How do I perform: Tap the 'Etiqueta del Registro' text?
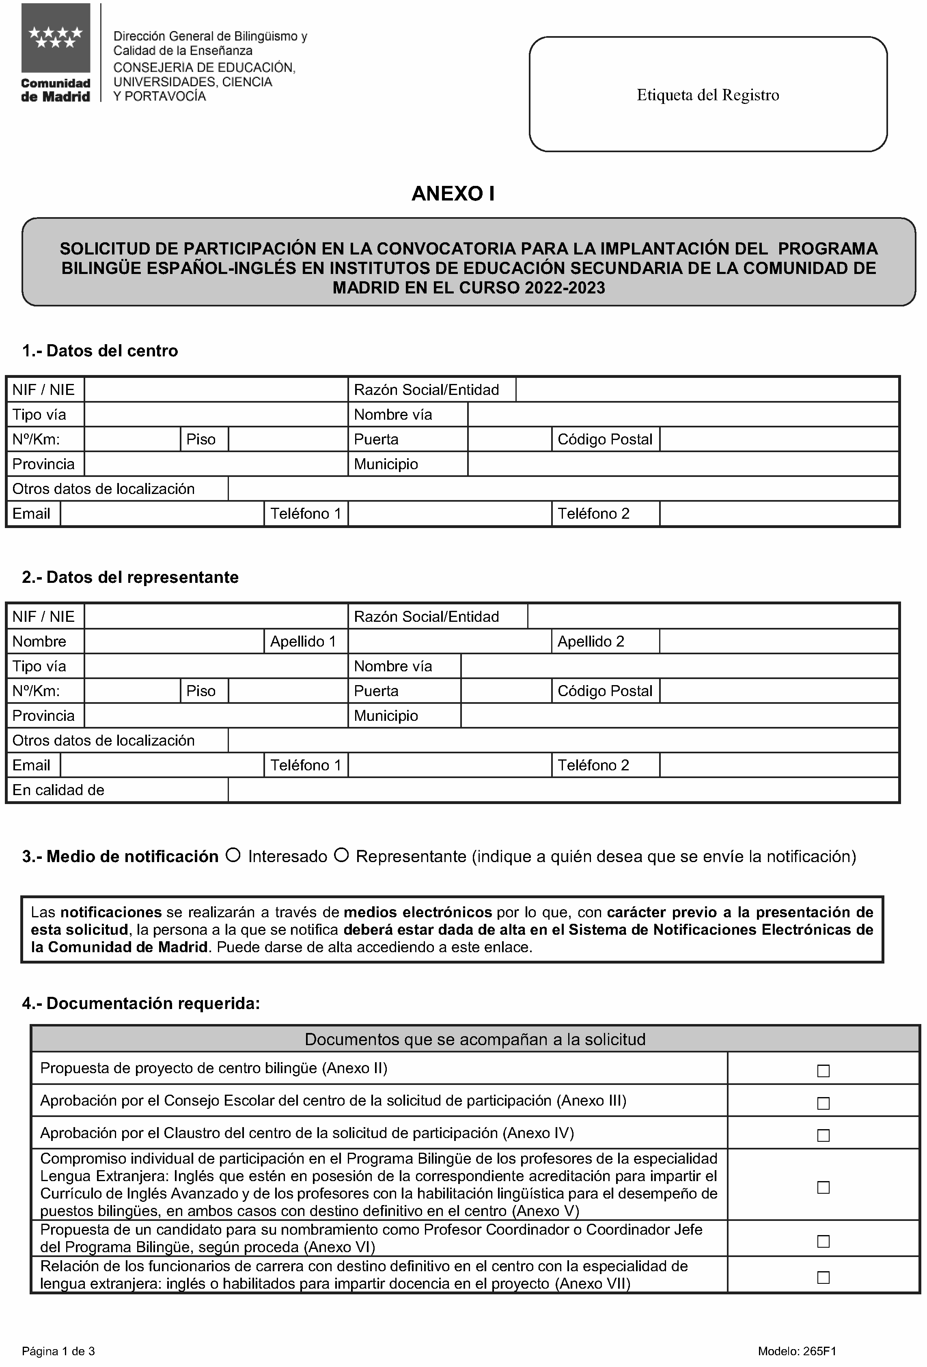tap(707, 95)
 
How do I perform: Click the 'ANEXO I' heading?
tap(453, 194)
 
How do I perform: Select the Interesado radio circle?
tap(233, 855)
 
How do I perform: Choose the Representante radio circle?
tap(341, 855)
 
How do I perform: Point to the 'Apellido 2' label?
tap(591, 641)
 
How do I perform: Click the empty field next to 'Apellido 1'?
tap(449, 641)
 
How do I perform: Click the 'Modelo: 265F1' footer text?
tap(796, 1351)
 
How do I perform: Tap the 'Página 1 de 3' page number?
tap(58, 1351)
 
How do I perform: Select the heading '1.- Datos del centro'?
tap(100, 351)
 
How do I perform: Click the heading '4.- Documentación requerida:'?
tap(141, 1003)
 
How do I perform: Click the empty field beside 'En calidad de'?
tap(563, 790)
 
